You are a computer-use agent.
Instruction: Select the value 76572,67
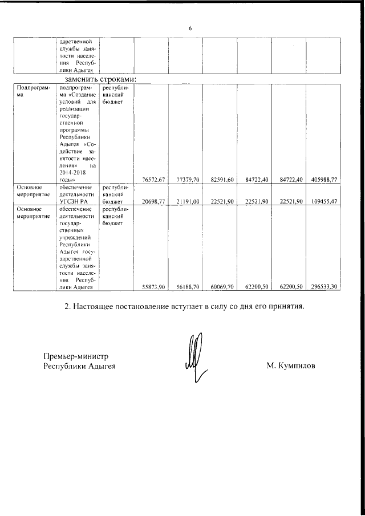(152, 180)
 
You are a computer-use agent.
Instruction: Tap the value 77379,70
(186, 180)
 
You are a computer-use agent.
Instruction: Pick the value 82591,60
(221, 180)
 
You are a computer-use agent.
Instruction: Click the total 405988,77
(325, 180)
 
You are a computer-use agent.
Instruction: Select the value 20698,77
(152, 201)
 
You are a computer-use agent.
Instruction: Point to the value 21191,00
(186, 201)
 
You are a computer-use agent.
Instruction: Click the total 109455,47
(325, 201)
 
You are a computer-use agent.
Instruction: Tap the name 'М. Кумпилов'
(290, 365)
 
